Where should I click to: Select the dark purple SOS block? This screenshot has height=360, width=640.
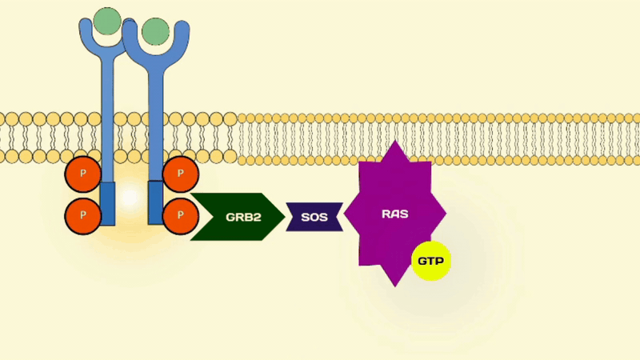click(314, 217)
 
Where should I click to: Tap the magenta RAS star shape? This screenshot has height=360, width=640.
click(394, 214)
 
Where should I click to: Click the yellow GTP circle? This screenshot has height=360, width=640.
click(431, 261)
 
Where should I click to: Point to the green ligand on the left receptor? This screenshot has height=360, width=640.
click(107, 21)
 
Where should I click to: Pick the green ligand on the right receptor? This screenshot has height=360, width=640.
click(155, 31)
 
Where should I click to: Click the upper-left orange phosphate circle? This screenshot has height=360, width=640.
click(83, 174)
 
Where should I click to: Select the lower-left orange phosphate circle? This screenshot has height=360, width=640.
click(83, 216)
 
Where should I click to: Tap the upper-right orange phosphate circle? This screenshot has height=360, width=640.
click(181, 174)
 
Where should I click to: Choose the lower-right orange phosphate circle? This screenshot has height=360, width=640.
click(181, 216)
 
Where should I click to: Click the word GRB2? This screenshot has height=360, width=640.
click(243, 217)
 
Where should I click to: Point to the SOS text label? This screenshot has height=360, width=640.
click(314, 217)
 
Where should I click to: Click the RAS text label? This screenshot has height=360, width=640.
click(394, 214)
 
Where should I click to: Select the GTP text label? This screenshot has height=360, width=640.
click(431, 261)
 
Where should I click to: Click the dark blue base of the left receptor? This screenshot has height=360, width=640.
click(107, 204)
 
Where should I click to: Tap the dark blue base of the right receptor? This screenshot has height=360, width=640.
click(155, 202)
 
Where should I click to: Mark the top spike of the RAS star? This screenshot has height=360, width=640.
click(394, 142)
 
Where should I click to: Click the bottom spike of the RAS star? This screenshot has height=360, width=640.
click(394, 286)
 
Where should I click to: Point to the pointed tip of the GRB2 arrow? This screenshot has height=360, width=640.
click(285, 217)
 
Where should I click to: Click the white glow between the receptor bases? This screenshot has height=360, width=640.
click(130, 198)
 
